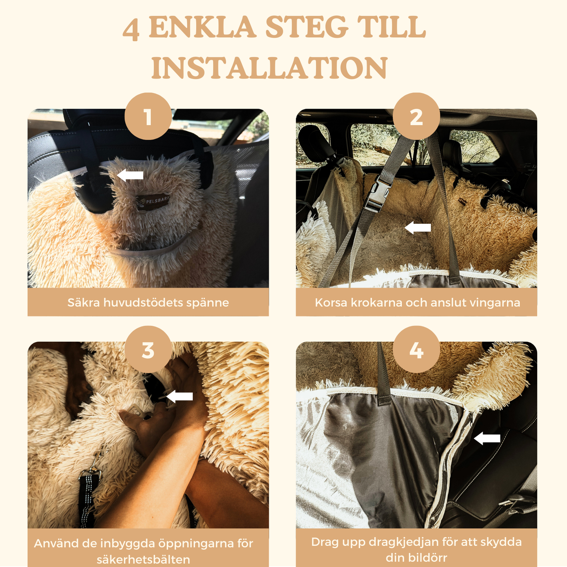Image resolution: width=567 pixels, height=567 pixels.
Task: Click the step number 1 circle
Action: (x=148, y=116)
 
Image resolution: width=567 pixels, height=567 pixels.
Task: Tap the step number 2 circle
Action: (x=416, y=116)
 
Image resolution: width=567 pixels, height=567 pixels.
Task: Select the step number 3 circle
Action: (x=148, y=349)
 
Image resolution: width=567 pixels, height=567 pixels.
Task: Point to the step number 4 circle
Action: (x=416, y=349)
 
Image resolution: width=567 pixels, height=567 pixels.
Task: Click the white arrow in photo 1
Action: (x=130, y=175)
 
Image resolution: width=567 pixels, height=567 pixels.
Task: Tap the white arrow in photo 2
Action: (x=418, y=228)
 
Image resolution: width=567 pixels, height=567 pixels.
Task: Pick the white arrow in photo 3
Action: (x=179, y=396)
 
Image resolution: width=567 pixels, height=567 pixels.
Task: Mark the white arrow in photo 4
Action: (x=487, y=439)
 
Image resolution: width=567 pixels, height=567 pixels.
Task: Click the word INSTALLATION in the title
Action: (x=269, y=67)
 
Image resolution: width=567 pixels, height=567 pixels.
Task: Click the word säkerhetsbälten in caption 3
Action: (x=143, y=560)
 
